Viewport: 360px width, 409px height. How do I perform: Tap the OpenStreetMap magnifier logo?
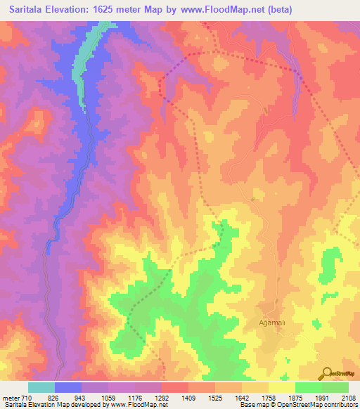pyautogui.click(x=327, y=372)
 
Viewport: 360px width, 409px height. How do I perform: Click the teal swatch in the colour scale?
pyautogui.click(x=41, y=387)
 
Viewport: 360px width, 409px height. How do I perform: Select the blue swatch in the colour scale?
pyautogui.click(x=68, y=387)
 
